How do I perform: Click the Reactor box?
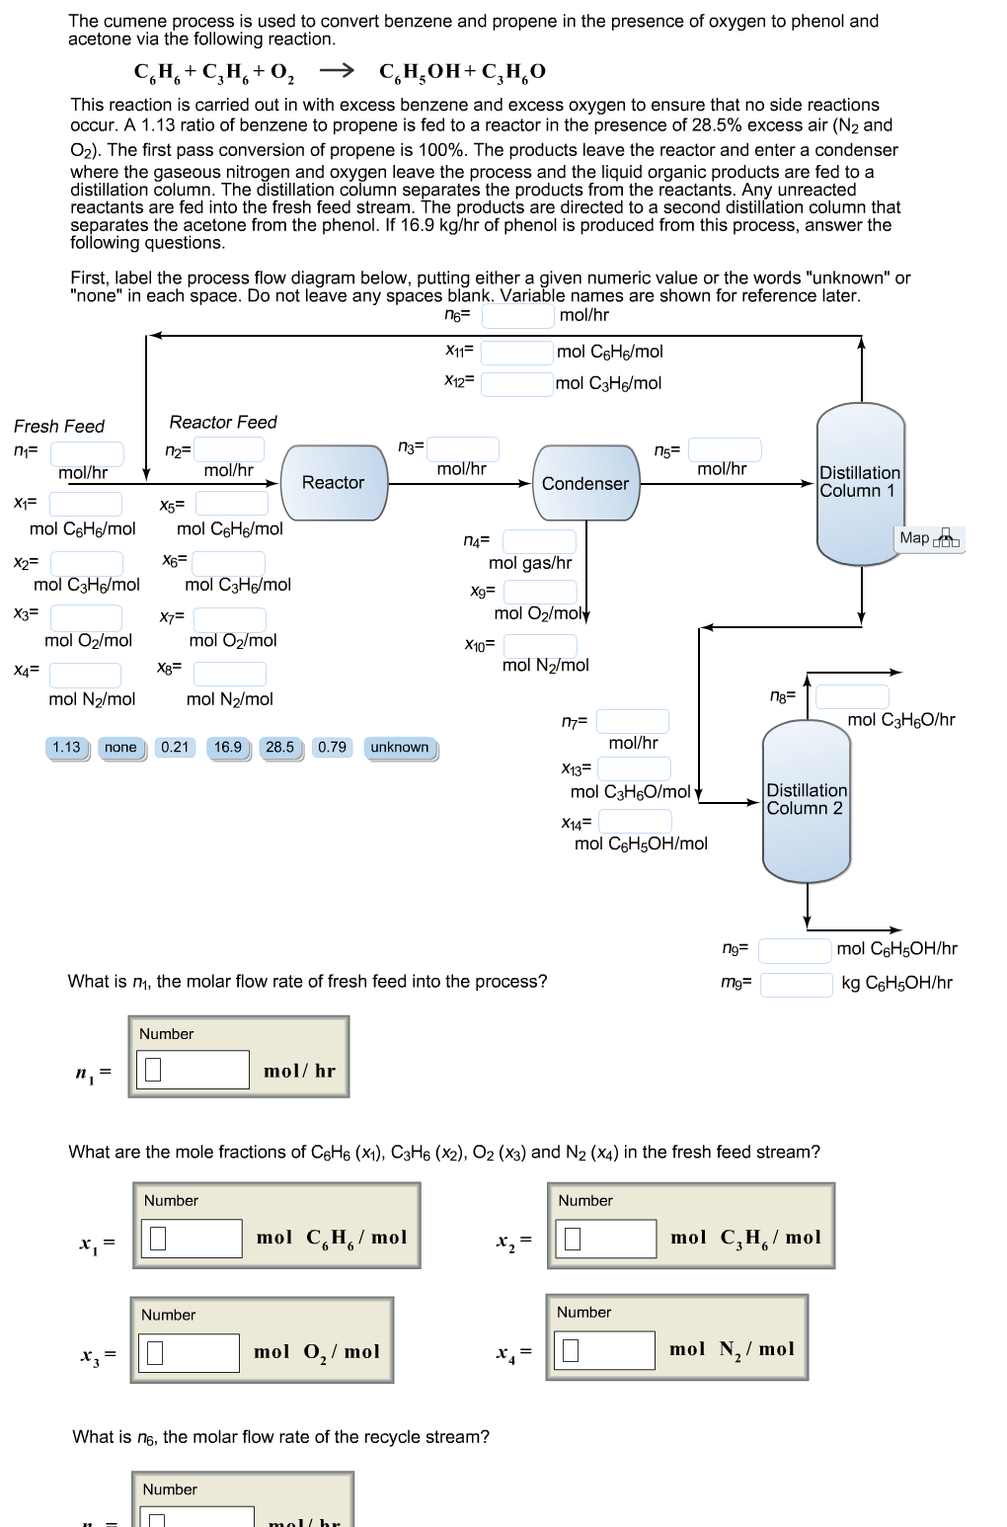[x=334, y=483]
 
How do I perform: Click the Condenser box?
[x=585, y=483]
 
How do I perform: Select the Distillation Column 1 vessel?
[x=860, y=482]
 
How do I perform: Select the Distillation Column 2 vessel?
[x=807, y=800]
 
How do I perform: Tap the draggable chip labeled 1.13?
[x=67, y=748]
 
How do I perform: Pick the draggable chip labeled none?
[x=120, y=748]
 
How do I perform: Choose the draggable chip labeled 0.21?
[x=175, y=748]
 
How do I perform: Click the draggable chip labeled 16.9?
[x=228, y=748]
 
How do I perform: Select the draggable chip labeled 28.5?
[x=280, y=748]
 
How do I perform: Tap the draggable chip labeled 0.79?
[x=333, y=748]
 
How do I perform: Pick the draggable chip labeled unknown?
[x=400, y=748]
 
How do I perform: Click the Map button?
[x=929, y=538]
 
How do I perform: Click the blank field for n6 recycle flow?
[x=517, y=316]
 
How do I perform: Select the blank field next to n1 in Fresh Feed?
[x=87, y=452]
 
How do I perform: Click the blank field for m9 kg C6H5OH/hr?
[x=796, y=984]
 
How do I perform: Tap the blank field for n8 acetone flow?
[x=852, y=696]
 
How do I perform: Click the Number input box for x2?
[x=606, y=1239]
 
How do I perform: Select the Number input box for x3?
[x=190, y=1353]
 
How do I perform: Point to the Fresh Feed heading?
[x=59, y=427]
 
